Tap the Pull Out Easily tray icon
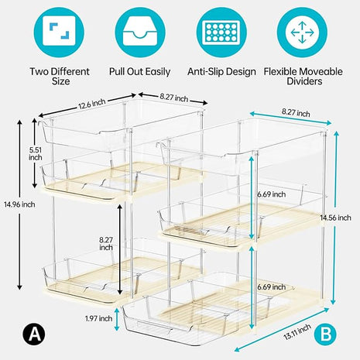pos(140,31)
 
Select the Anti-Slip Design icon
pos(221,31)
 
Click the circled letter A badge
pos(33,335)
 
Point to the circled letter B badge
pos(325,335)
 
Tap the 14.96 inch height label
pos(18,205)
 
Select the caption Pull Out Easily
pos(140,71)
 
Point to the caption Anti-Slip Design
pos(221,71)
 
